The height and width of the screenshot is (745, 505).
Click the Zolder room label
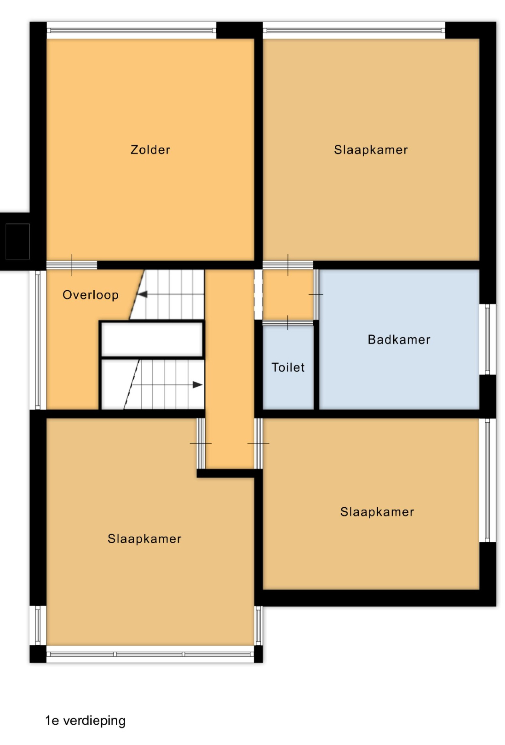tap(150, 149)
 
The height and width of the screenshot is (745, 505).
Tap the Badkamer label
tap(399, 339)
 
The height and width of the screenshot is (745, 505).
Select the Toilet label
tap(288, 367)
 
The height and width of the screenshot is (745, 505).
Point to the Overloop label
tap(91, 295)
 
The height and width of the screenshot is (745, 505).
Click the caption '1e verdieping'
tap(86, 720)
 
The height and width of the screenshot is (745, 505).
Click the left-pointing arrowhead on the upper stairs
tap(142, 294)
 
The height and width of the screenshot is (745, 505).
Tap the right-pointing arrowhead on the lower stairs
tap(198, 385)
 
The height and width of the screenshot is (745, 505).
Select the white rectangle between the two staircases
tap(152, 339)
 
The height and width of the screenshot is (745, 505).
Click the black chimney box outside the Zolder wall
tap(17, 241)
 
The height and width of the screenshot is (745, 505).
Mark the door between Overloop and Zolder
tap(72, 265)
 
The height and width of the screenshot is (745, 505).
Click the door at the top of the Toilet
tap(288, 323)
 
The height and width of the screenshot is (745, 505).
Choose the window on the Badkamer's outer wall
tap(488, 339)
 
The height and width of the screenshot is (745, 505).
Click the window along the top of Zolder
tap(132, 30)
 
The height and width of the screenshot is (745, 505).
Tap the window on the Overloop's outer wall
tap(38, 339)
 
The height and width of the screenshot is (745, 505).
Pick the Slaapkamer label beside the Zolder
tap(371, 149)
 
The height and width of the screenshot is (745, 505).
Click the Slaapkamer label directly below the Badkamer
tap(377, 512)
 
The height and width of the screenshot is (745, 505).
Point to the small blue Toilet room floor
tap(288, 367)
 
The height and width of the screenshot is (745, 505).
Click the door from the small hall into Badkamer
tap(316, 294)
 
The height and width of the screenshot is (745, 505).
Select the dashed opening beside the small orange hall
tap(258, 294)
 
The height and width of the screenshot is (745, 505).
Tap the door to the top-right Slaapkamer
tap(288, 265)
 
